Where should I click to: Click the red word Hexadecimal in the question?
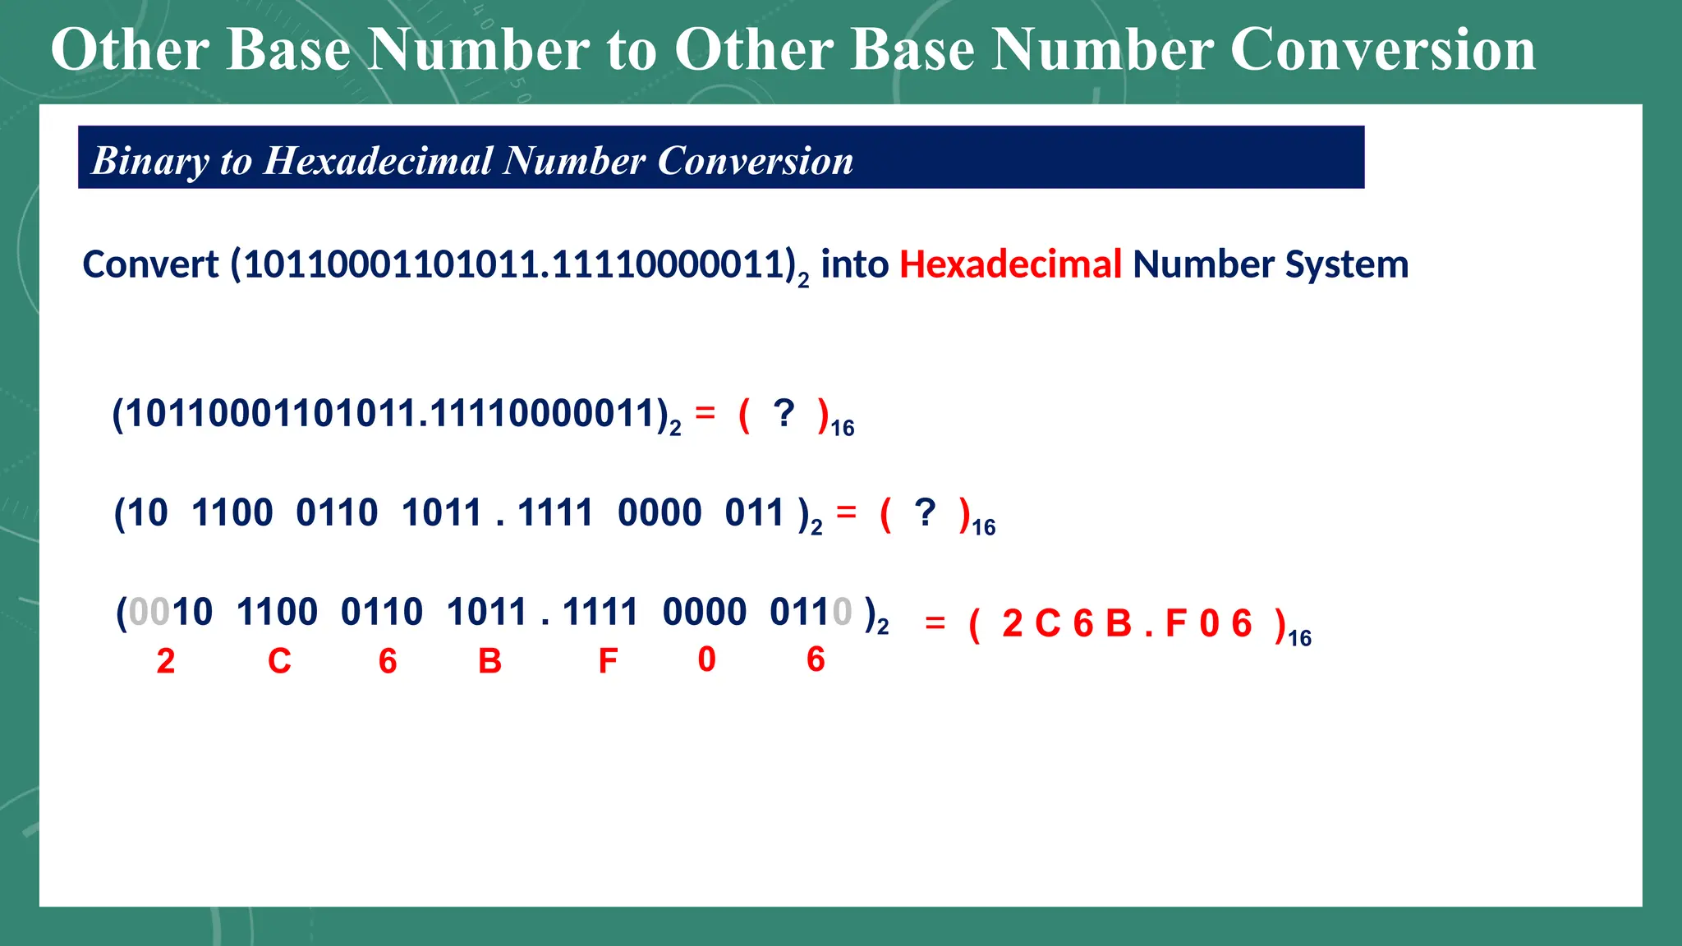coord(1010,265)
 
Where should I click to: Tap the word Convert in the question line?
coord(150,265)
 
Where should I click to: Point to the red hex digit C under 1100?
coord(279,661)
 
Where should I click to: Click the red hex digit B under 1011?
coord(489,661)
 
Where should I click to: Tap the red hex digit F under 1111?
coord(608,661)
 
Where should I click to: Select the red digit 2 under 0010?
coord(166,661)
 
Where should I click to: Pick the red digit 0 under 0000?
coord(706,659)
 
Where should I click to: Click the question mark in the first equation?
coord(784,413)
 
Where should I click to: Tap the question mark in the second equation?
coord(925,512)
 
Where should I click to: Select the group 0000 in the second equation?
coord(659,512)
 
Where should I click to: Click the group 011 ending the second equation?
coord(754,512)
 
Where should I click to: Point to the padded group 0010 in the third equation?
coord(171,612)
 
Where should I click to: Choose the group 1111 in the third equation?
coord(600,612)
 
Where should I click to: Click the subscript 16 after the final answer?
coord(1299,638)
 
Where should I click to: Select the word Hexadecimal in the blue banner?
coord(377,161)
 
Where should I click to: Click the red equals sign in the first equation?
coord(705,412)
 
